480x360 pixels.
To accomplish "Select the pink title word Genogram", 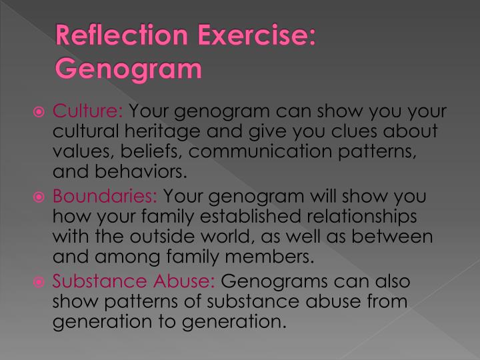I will click(x=129, y=69).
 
